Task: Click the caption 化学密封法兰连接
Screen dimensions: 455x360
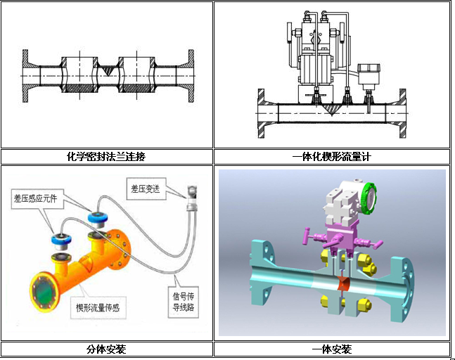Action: click(x=106, y=157)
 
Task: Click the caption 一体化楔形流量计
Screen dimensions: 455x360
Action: click(x=332, y=157)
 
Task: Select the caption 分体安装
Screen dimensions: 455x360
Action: click(x=106, y=349)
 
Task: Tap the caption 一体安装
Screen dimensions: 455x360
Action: click(x=332, y=349)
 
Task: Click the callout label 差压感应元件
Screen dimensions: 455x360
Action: click(x=35, y=198)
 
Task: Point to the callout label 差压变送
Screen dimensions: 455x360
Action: click(x=146, y=189)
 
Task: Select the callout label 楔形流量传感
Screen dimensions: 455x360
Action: click(x=98, y=307)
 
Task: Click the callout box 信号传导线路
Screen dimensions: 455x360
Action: click(x=184, y=302)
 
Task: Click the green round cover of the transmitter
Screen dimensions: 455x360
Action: click(x=369, y=198)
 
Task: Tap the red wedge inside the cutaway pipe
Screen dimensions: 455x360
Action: click(x=344, y=283)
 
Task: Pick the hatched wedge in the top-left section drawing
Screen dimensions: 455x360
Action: click(x=108, y=70)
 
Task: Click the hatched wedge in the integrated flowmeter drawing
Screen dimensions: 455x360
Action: click(x=331, y=110)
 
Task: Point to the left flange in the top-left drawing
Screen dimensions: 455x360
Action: click(x=25, y=76)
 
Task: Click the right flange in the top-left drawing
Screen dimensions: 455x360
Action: click(x=191, y=76)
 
